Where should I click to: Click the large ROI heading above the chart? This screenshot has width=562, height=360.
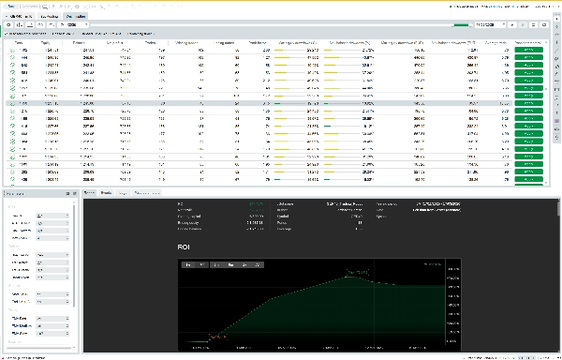185,247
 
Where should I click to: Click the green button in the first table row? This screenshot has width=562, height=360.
529,51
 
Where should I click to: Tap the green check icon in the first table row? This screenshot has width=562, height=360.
11,51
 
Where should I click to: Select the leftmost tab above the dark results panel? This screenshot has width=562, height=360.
89,192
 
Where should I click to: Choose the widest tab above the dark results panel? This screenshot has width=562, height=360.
151,192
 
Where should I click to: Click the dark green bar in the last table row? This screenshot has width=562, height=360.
287,179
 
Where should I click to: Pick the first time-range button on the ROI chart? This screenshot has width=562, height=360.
189,265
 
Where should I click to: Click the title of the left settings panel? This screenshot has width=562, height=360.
19,193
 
